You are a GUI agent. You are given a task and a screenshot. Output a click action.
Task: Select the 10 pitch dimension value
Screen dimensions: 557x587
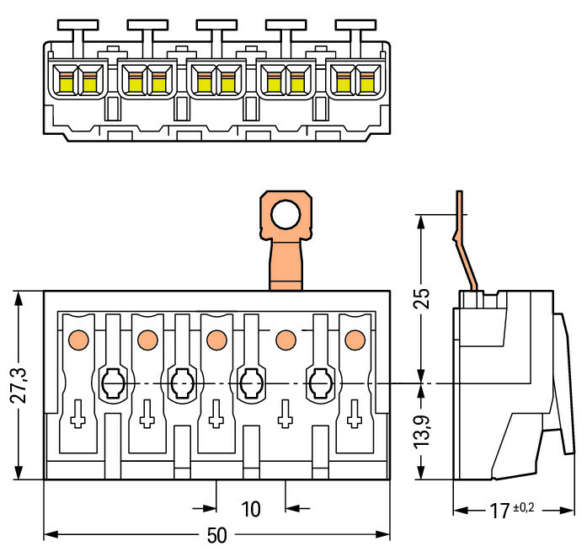[250, 509]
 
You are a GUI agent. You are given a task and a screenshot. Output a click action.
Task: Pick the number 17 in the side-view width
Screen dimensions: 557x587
[500, 511]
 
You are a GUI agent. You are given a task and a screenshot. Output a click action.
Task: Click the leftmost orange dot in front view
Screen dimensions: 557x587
[77, 340]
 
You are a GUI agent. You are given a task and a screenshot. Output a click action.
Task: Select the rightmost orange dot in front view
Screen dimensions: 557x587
[355, 340]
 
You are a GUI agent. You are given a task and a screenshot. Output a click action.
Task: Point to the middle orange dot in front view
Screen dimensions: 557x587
[216, 340]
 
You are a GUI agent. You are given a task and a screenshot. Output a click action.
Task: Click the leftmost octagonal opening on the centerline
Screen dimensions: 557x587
[112, 385]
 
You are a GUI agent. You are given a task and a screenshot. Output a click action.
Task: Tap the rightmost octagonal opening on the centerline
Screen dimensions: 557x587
[320, 385]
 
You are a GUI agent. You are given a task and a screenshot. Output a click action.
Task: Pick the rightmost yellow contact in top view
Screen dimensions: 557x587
[366, 83]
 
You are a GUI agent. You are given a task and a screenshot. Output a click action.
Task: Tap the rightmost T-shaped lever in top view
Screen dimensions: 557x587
[351, 33]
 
